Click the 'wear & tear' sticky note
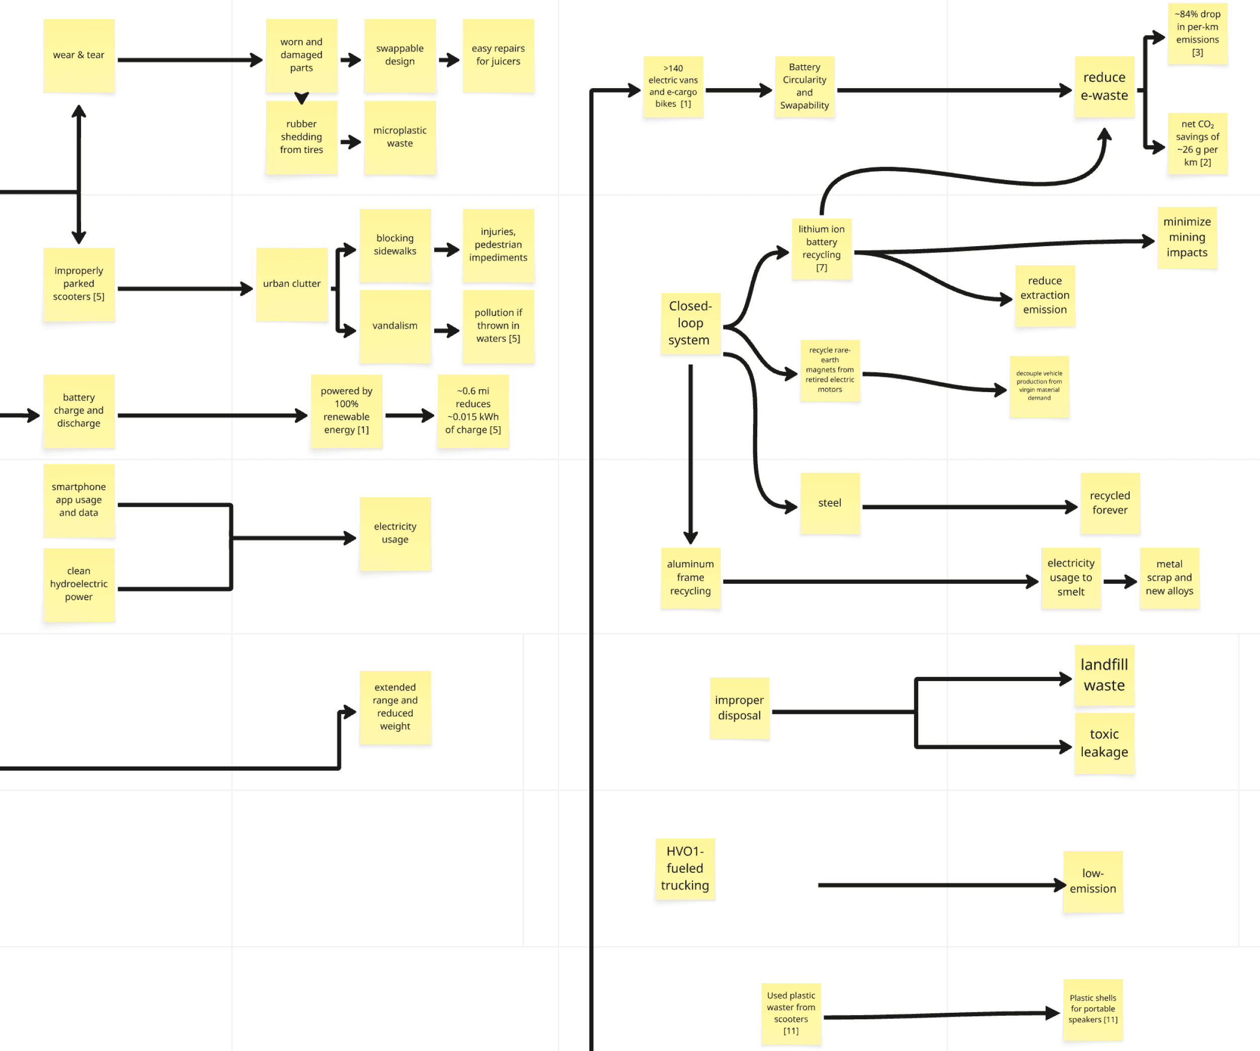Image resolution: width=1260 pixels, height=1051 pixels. click(x=78, y=55)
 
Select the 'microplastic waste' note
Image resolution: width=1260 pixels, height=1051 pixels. click(x=400, y=137)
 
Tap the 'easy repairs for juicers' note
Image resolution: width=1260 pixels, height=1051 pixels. click(x=498, y=55)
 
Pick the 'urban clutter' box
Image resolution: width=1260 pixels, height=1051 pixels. click(x=291, y=284)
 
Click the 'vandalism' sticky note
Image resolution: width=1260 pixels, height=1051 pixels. click(x=395, y=326)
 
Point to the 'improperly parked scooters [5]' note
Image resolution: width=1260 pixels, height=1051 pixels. click(x=78, y=284)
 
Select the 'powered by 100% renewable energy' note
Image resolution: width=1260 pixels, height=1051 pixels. click(x=346, y=411)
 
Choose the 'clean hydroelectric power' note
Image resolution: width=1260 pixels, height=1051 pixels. click(x=78, y=584)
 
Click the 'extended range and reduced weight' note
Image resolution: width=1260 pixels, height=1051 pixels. click(x=395, y=707)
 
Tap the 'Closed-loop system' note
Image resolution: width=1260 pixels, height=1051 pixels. click(x=690, y=324)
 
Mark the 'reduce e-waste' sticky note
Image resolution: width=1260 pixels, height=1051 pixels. click(x=1104, y=87)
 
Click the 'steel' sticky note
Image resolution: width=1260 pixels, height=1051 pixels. click(x=830, y=503)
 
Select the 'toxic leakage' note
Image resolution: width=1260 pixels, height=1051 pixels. click(x=1104, y=743)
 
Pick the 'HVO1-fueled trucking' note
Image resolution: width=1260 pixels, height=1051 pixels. click(x=685, y=868)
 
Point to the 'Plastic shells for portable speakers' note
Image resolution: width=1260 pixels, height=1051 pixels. click(x=1092, y=1009)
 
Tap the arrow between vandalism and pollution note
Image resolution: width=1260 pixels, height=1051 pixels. click(x=446, y=330)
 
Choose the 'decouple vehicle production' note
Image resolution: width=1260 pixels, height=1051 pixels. click(x=1039, y=386)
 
